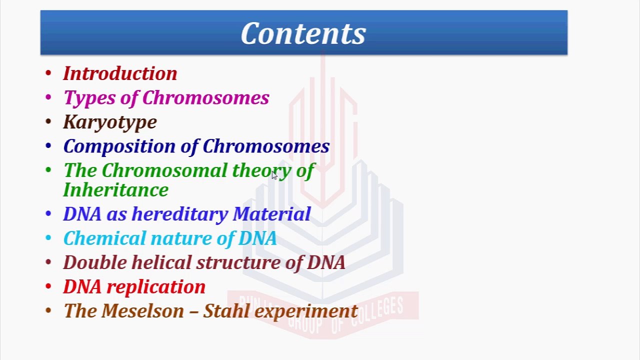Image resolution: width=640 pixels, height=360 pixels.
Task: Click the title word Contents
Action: pyautogui.click(x=303, y=34)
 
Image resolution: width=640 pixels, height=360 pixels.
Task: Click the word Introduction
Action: pyautogui.click(x=120, y=73)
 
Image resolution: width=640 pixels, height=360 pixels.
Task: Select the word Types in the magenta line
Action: pyautogui.click(x=89, y=98)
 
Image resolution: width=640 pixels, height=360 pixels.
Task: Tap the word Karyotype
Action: pyautogui.click(x=110, y=122)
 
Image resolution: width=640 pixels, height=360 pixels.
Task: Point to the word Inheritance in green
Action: pyautogui.click(x=116, y=190)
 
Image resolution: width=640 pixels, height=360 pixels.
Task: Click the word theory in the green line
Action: pyautogui.click(x=261, y=171)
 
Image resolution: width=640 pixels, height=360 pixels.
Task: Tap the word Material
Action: pyautogui.click(x=271, y=214)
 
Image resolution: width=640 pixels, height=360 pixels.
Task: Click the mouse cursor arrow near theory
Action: pyautogui.click(x=274, y=175)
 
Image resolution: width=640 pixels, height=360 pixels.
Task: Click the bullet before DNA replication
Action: pyautogui.click(x=48, y=286)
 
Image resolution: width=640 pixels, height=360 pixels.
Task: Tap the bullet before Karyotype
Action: pyautogui.click(x=48, y=122)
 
